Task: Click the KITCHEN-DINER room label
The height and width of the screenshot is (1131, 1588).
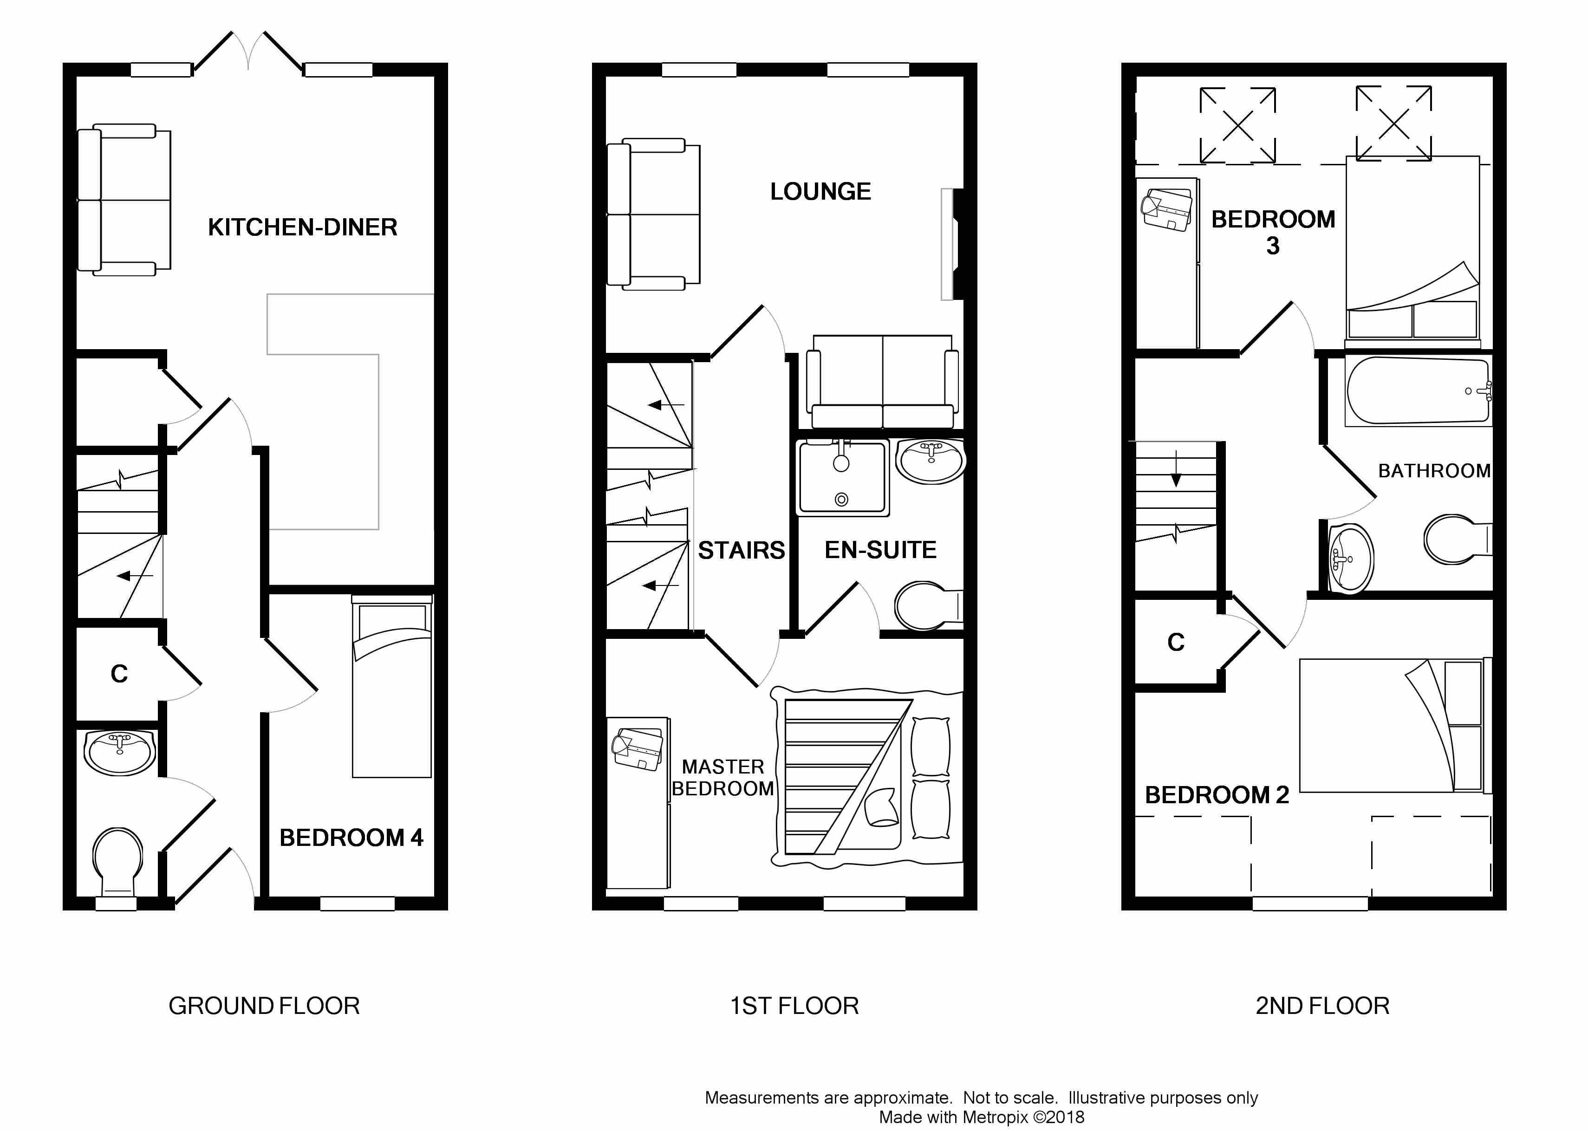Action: point(302,227)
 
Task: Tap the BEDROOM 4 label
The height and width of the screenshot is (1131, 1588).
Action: point(351,837)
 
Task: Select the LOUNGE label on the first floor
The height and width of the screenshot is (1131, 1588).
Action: point(820,191)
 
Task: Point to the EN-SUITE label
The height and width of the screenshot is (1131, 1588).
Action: point(880,550)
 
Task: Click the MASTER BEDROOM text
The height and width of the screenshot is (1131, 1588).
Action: point(723,777)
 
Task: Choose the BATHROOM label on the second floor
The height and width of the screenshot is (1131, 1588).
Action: point(1434,471)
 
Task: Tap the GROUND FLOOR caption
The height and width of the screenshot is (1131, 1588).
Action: point(264,1006)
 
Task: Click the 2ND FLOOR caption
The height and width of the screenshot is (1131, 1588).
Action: point(1322,1006)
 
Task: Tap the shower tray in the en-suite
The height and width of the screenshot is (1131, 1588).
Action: point(843,478)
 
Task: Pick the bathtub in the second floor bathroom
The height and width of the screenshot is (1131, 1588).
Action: point(1418,391)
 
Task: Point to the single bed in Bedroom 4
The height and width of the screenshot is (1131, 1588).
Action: point(392,686)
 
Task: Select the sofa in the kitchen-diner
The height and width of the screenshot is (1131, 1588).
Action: point(124,200)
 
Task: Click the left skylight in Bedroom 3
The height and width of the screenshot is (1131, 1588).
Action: point(1238,125)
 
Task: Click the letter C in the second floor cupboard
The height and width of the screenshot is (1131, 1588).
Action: point(1176,642)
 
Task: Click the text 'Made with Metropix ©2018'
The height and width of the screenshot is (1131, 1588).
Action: point(982,1117)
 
